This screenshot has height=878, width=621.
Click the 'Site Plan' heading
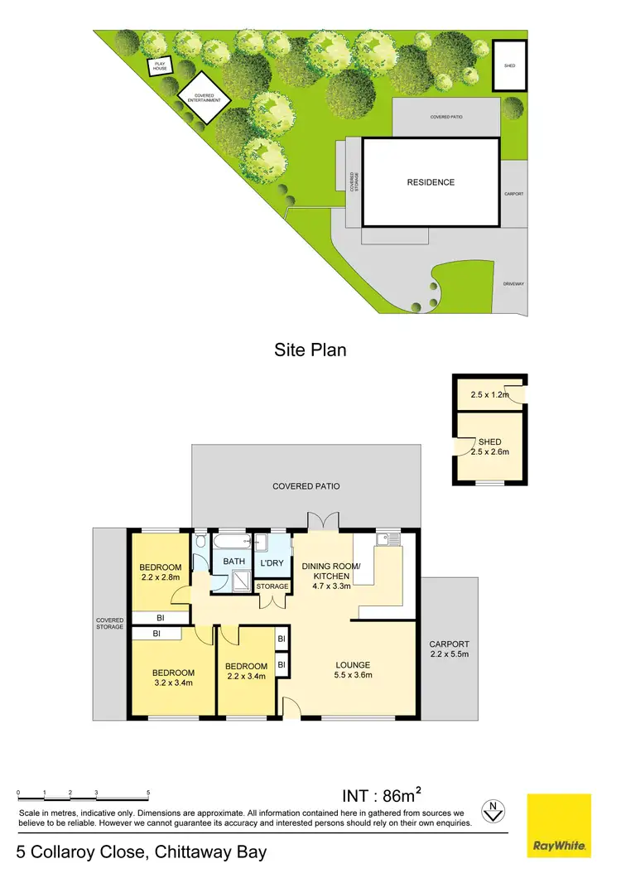point(310,350)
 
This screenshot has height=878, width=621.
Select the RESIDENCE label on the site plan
point(431,182)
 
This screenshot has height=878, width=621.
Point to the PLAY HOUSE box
point(158,66)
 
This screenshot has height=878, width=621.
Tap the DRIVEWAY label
point(513,284)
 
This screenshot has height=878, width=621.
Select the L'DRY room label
point(272,563)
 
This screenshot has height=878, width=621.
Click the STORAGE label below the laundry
point(272,586)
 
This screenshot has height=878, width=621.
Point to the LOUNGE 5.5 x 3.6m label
point(353,669)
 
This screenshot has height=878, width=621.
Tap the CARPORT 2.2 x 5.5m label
point(449,649)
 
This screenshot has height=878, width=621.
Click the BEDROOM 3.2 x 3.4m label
point(173,678)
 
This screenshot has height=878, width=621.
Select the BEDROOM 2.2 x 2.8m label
point(162,572)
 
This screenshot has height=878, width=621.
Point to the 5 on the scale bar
point(148,794)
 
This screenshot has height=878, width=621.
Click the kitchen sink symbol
point(388,540)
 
